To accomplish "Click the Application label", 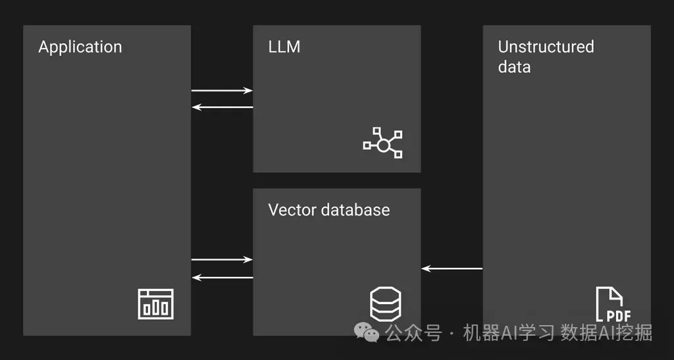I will pos(80,47).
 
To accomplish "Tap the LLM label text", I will pos(284,47).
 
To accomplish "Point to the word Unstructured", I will pos(546,47).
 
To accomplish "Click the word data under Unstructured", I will pos(514,67).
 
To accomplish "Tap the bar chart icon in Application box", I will pos(156,304).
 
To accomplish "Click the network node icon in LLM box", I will pos(383,143).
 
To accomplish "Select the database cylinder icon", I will pos(385,304).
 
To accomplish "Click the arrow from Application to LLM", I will pos(222,91).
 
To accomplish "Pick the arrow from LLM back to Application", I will pos(222,107).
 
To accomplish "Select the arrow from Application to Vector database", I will pos(222,260).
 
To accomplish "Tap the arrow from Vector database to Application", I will pos(222,277).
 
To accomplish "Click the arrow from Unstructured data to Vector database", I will pos(452,269).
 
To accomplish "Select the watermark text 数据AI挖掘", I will pos(606,333).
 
